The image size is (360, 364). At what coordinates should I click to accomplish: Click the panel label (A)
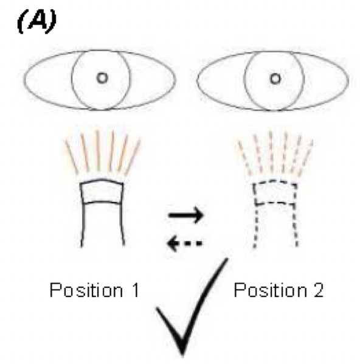tap(36, 23)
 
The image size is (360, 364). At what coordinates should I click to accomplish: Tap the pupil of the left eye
tap(102, 78)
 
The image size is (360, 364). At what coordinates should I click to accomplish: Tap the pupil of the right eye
tap(275, 79)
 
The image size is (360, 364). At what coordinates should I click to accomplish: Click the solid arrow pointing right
tap(186, 215)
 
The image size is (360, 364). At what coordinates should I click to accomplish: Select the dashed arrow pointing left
tap(185, 243)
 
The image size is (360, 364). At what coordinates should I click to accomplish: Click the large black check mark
tap(192, 307)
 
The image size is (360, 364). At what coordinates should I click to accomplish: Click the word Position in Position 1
tap(86, 290)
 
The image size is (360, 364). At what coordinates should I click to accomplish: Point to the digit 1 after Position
tap(135, 290)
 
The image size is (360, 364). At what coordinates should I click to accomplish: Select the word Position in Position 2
tap(270, 290)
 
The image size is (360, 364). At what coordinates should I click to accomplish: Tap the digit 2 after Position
tap(318, 290)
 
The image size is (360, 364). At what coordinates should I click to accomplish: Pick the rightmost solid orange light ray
tap(133, 157)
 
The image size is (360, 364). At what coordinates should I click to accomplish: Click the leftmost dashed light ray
tap(244, 158)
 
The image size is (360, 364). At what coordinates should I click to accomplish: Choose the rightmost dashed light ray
tap(304, 158)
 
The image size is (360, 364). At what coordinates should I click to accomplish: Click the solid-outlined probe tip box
tap(102, 192)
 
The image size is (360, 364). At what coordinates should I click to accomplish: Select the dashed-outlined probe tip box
tap(275, 192)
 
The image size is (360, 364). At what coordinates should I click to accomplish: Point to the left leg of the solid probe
tap(82, 225)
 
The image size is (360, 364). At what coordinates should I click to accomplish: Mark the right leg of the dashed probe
tap(296, 225)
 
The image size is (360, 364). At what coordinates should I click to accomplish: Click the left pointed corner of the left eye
tap(24, 80)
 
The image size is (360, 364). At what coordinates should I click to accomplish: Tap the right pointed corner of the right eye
tap(348, 80)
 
